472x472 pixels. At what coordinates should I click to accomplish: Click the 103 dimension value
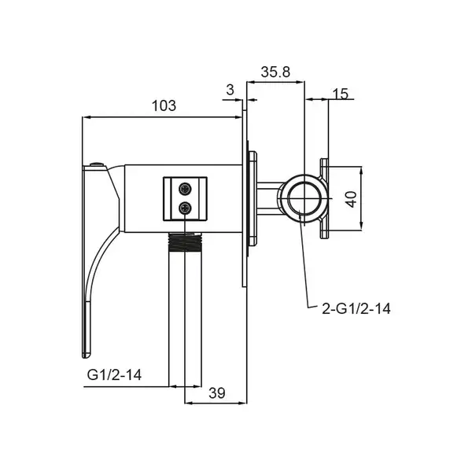pyautogui.click(x=164, y=105)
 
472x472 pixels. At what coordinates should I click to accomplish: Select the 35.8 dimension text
pyautogui.click(x=275, y=72)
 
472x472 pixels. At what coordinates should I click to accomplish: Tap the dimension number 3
pyautogui.click(x=230, y=90)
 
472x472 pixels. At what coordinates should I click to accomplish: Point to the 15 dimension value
pyautogui.click(x=340, y=94)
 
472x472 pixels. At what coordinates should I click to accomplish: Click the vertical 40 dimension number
pyautogui.click(x=351, y=199)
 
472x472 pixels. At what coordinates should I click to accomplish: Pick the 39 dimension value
pyautogui.click(x=217, y=393)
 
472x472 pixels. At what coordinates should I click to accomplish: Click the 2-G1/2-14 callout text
pyautogui.click(x=356, y=309)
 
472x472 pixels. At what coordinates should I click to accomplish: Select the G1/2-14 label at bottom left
pyautogui.click(x=114, y=375)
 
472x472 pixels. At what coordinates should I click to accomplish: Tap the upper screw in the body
pyautogui.click(x=185, y=189)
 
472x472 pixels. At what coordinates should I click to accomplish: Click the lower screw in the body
pyautogui.click(x=185, y=208)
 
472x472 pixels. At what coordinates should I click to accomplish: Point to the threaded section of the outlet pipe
pyautogui.click(x=185, y=242)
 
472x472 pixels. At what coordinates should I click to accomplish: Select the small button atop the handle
pyautogui.click(x=97, y=164)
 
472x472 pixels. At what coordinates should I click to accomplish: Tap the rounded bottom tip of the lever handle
pyautogui.click(x=86, y=356)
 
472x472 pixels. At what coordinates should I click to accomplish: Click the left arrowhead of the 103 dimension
pyautogui.click(x=86, y=117)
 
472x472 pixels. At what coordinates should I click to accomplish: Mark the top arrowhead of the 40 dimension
pyautogui.click(x=361, y=171)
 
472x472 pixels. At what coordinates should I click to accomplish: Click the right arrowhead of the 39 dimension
pyautogui.click(x=243, y=403)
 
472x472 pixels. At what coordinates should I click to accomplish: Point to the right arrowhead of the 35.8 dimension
pyautogui.click(x=301, y=81)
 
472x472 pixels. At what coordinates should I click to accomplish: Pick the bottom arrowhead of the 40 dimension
pyautogui.click(x=361, y=227)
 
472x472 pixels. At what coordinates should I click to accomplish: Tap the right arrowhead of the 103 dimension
pyautogui.click(x=238, y=117)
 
